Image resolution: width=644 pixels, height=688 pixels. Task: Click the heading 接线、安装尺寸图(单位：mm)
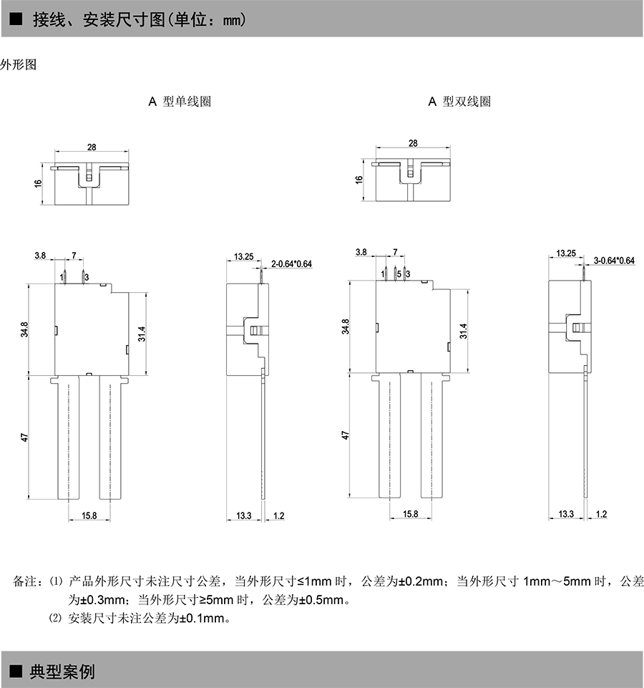click(139, 19)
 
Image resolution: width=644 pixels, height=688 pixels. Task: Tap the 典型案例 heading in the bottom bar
click(62, 672)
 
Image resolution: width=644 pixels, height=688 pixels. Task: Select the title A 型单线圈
click(180, 102)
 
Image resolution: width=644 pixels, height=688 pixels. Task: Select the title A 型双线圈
click(459, 102)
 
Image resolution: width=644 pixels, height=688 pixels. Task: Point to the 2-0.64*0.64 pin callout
click(292, 264)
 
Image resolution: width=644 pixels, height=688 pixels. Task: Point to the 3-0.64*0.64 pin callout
click(614, 260)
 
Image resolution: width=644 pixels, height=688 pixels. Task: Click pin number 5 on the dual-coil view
click(399, 273)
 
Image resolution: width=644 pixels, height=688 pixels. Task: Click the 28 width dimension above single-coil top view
click(92, 147)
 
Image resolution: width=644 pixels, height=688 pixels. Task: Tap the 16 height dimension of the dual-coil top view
click(358, 180)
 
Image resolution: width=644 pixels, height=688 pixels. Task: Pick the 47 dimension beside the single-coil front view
click(24, 437)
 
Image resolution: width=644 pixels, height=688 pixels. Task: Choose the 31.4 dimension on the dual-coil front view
click(463, 330)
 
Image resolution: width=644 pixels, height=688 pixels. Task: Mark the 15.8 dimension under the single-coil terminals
click(89, 515)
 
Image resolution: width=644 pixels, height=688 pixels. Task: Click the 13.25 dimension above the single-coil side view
click(243, 256)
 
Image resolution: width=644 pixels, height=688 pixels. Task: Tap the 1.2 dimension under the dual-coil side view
click(600, 514)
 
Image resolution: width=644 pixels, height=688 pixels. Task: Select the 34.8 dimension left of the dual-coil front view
click(346, 327)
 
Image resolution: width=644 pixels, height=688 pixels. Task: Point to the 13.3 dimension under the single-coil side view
click(244, 515)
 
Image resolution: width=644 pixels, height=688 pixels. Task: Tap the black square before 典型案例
click(14, 672)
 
